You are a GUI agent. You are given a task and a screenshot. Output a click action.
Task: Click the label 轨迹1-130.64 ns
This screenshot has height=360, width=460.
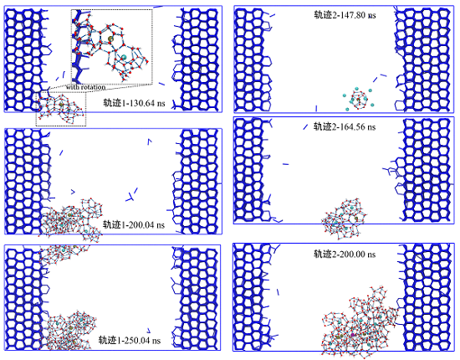tap(134, 103)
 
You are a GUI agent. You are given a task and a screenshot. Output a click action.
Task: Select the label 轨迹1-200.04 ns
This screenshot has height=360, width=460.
tap(134, 225)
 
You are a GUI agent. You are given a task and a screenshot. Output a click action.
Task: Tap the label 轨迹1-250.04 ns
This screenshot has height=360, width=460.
tap(130, 341)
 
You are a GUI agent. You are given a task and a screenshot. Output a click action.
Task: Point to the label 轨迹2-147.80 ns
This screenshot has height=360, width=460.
tap(345, 15)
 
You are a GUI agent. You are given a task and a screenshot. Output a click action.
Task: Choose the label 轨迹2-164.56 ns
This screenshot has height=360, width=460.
tap(345, 126)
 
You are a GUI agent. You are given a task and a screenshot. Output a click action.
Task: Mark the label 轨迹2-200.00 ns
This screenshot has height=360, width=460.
tap(345, 254)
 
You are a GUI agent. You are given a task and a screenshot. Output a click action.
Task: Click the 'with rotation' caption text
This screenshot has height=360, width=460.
tap(85, 87)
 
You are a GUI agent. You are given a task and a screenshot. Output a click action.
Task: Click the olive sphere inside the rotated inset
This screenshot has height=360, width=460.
tap(110, 39)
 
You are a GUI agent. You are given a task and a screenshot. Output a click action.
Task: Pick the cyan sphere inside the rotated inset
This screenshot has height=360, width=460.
tap(124, 57)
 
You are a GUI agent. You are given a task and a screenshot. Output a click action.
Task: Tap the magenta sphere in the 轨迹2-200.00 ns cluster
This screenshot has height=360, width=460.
tap(353, 335)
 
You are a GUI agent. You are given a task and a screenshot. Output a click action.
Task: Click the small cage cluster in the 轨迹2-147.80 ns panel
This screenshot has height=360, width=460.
tap(358, 99)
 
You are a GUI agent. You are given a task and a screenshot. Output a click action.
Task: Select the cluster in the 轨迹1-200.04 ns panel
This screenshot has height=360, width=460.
tap(72, 219)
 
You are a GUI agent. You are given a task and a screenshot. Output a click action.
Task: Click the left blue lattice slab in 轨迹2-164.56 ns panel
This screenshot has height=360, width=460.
tap(253, 170)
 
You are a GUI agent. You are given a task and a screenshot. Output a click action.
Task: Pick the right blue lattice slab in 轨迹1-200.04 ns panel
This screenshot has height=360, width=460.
tap(196, 182)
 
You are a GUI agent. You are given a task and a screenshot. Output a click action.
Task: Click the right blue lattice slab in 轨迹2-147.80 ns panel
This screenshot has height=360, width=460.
tap(422, 59)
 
